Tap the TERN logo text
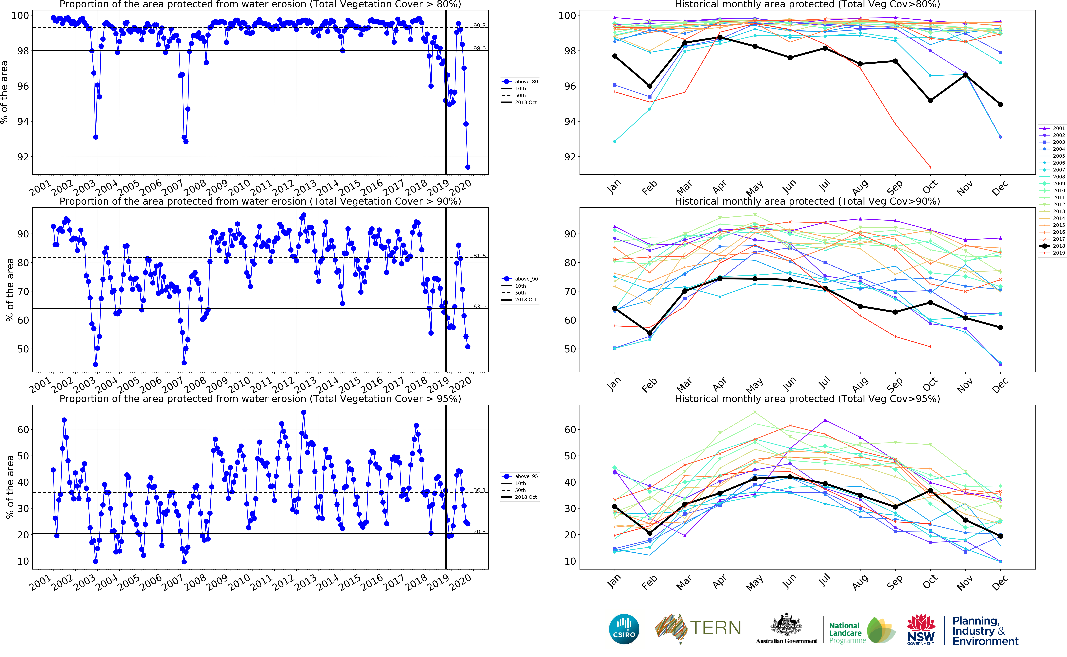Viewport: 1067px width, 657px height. [x=715, y=628]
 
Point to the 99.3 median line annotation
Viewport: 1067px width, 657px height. [x=479, y=26]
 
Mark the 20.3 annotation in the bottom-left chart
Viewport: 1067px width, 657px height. [x=479, y=531]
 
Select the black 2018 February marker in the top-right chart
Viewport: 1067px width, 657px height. [x=650, y=86]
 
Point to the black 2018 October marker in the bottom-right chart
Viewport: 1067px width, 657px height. [x=930, y=491]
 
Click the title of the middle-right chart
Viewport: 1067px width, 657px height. [x=807, y=201]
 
